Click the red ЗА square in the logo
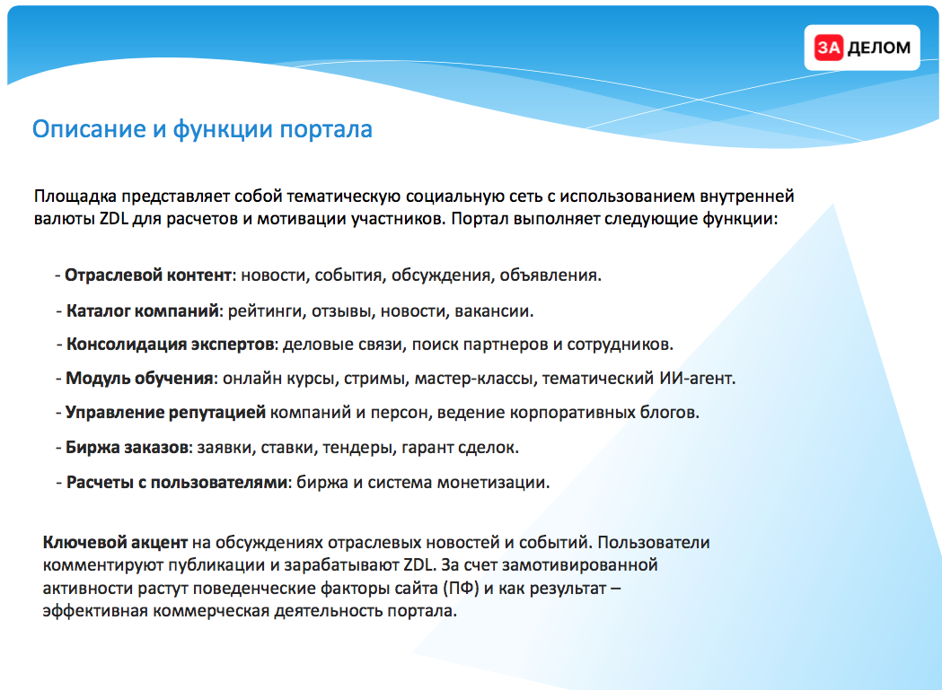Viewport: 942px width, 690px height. tap(829, 48)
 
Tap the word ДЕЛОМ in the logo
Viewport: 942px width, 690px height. tap(878, 48)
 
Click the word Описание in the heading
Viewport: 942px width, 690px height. tap(89, 130)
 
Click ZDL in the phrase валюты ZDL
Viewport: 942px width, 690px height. tap(114, 219)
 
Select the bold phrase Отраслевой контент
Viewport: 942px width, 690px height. tap(148, 275)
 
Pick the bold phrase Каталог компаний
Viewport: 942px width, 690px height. tap(143, 311)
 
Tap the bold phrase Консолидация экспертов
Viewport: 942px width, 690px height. tap(170, 344)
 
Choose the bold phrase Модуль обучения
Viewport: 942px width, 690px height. tap(139, 379)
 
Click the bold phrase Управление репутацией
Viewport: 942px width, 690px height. tap(165, 413)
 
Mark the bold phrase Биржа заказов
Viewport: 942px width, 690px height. tap(127, 448)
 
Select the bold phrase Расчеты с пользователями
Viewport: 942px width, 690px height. tap(177, 482)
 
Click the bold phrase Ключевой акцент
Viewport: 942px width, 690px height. tap(115, 542)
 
